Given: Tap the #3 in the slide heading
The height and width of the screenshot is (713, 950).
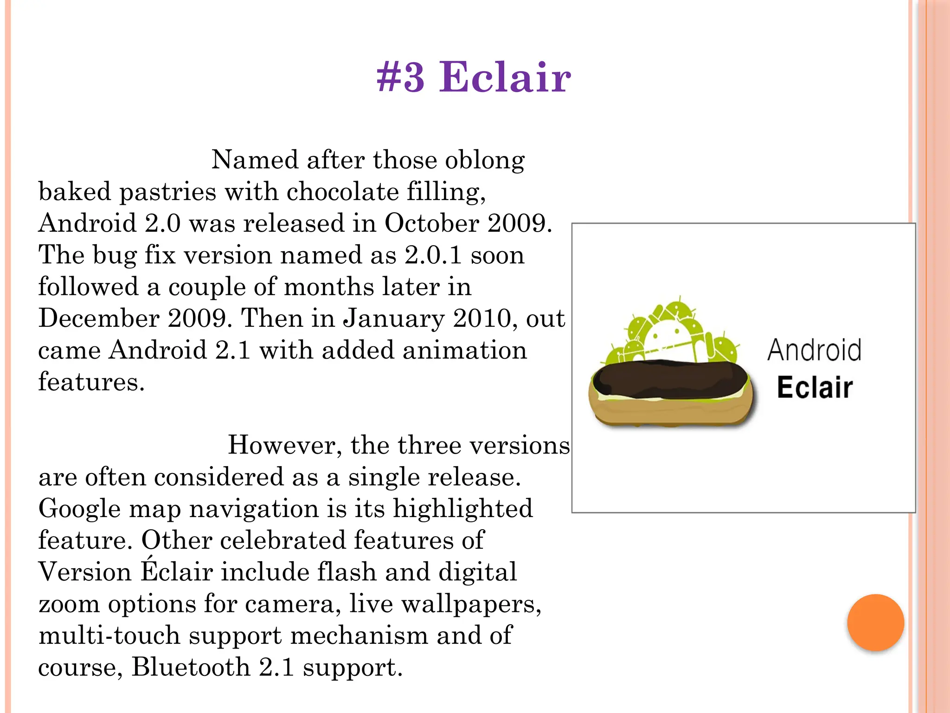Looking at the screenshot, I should pyautogui.click(x=400, y=77).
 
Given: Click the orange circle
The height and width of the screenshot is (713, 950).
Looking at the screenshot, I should pyautogui.click(x=875, y=622).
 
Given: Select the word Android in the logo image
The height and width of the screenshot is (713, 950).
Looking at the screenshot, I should pyautogui.click(x=815, y=350).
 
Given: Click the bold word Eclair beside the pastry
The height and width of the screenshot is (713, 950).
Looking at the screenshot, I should pyautogui.click(x=815, y=388).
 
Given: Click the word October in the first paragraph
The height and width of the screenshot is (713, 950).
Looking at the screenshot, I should pyautogui.click(x=431, y=223).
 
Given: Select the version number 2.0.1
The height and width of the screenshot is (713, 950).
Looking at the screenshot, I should pyautogui.click(x=433, y=255).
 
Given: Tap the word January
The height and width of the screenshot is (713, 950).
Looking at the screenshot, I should pyautogui.click(x=394, y=318).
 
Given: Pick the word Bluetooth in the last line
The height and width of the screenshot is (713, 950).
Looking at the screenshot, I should pyautogui.click(x=191, y=667).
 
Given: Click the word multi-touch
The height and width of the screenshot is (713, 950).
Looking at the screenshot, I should pyautogui.click(x=109, y=635).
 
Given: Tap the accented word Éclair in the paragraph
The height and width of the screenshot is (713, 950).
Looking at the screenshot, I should pyautogui.click(x=177, y=571).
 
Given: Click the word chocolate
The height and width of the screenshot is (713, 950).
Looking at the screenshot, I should pyautogui.click(x=343, y=192).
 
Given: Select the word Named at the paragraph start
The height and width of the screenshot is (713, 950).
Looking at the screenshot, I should pyautogui.click(x=255, y=160).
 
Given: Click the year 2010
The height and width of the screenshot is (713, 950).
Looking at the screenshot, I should pyautogui.click(x=485, y=318).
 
